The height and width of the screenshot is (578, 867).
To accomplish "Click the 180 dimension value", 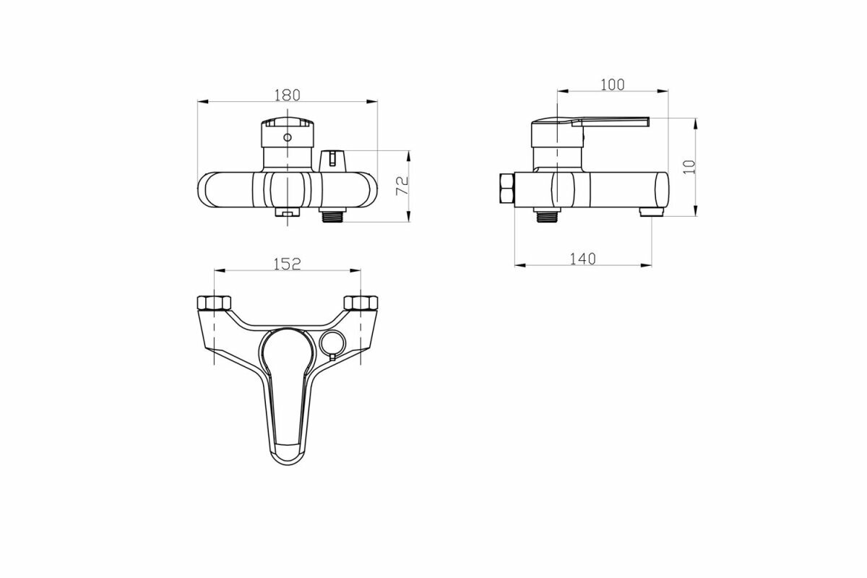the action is point(288,95).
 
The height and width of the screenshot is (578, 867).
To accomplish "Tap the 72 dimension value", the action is point(403,186).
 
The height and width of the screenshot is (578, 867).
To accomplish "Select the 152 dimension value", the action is point(288,264).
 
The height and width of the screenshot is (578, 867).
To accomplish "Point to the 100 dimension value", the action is point(613,85).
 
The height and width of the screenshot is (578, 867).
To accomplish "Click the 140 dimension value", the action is point(582,259).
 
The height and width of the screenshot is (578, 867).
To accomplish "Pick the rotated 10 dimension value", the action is point(689,167).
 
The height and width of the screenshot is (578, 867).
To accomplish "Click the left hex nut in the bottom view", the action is point(214,303).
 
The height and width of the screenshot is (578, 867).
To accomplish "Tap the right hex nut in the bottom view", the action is point(361,303).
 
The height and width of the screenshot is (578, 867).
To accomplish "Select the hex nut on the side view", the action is point(507,188).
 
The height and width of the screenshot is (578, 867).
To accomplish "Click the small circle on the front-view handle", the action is point(288,137).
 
